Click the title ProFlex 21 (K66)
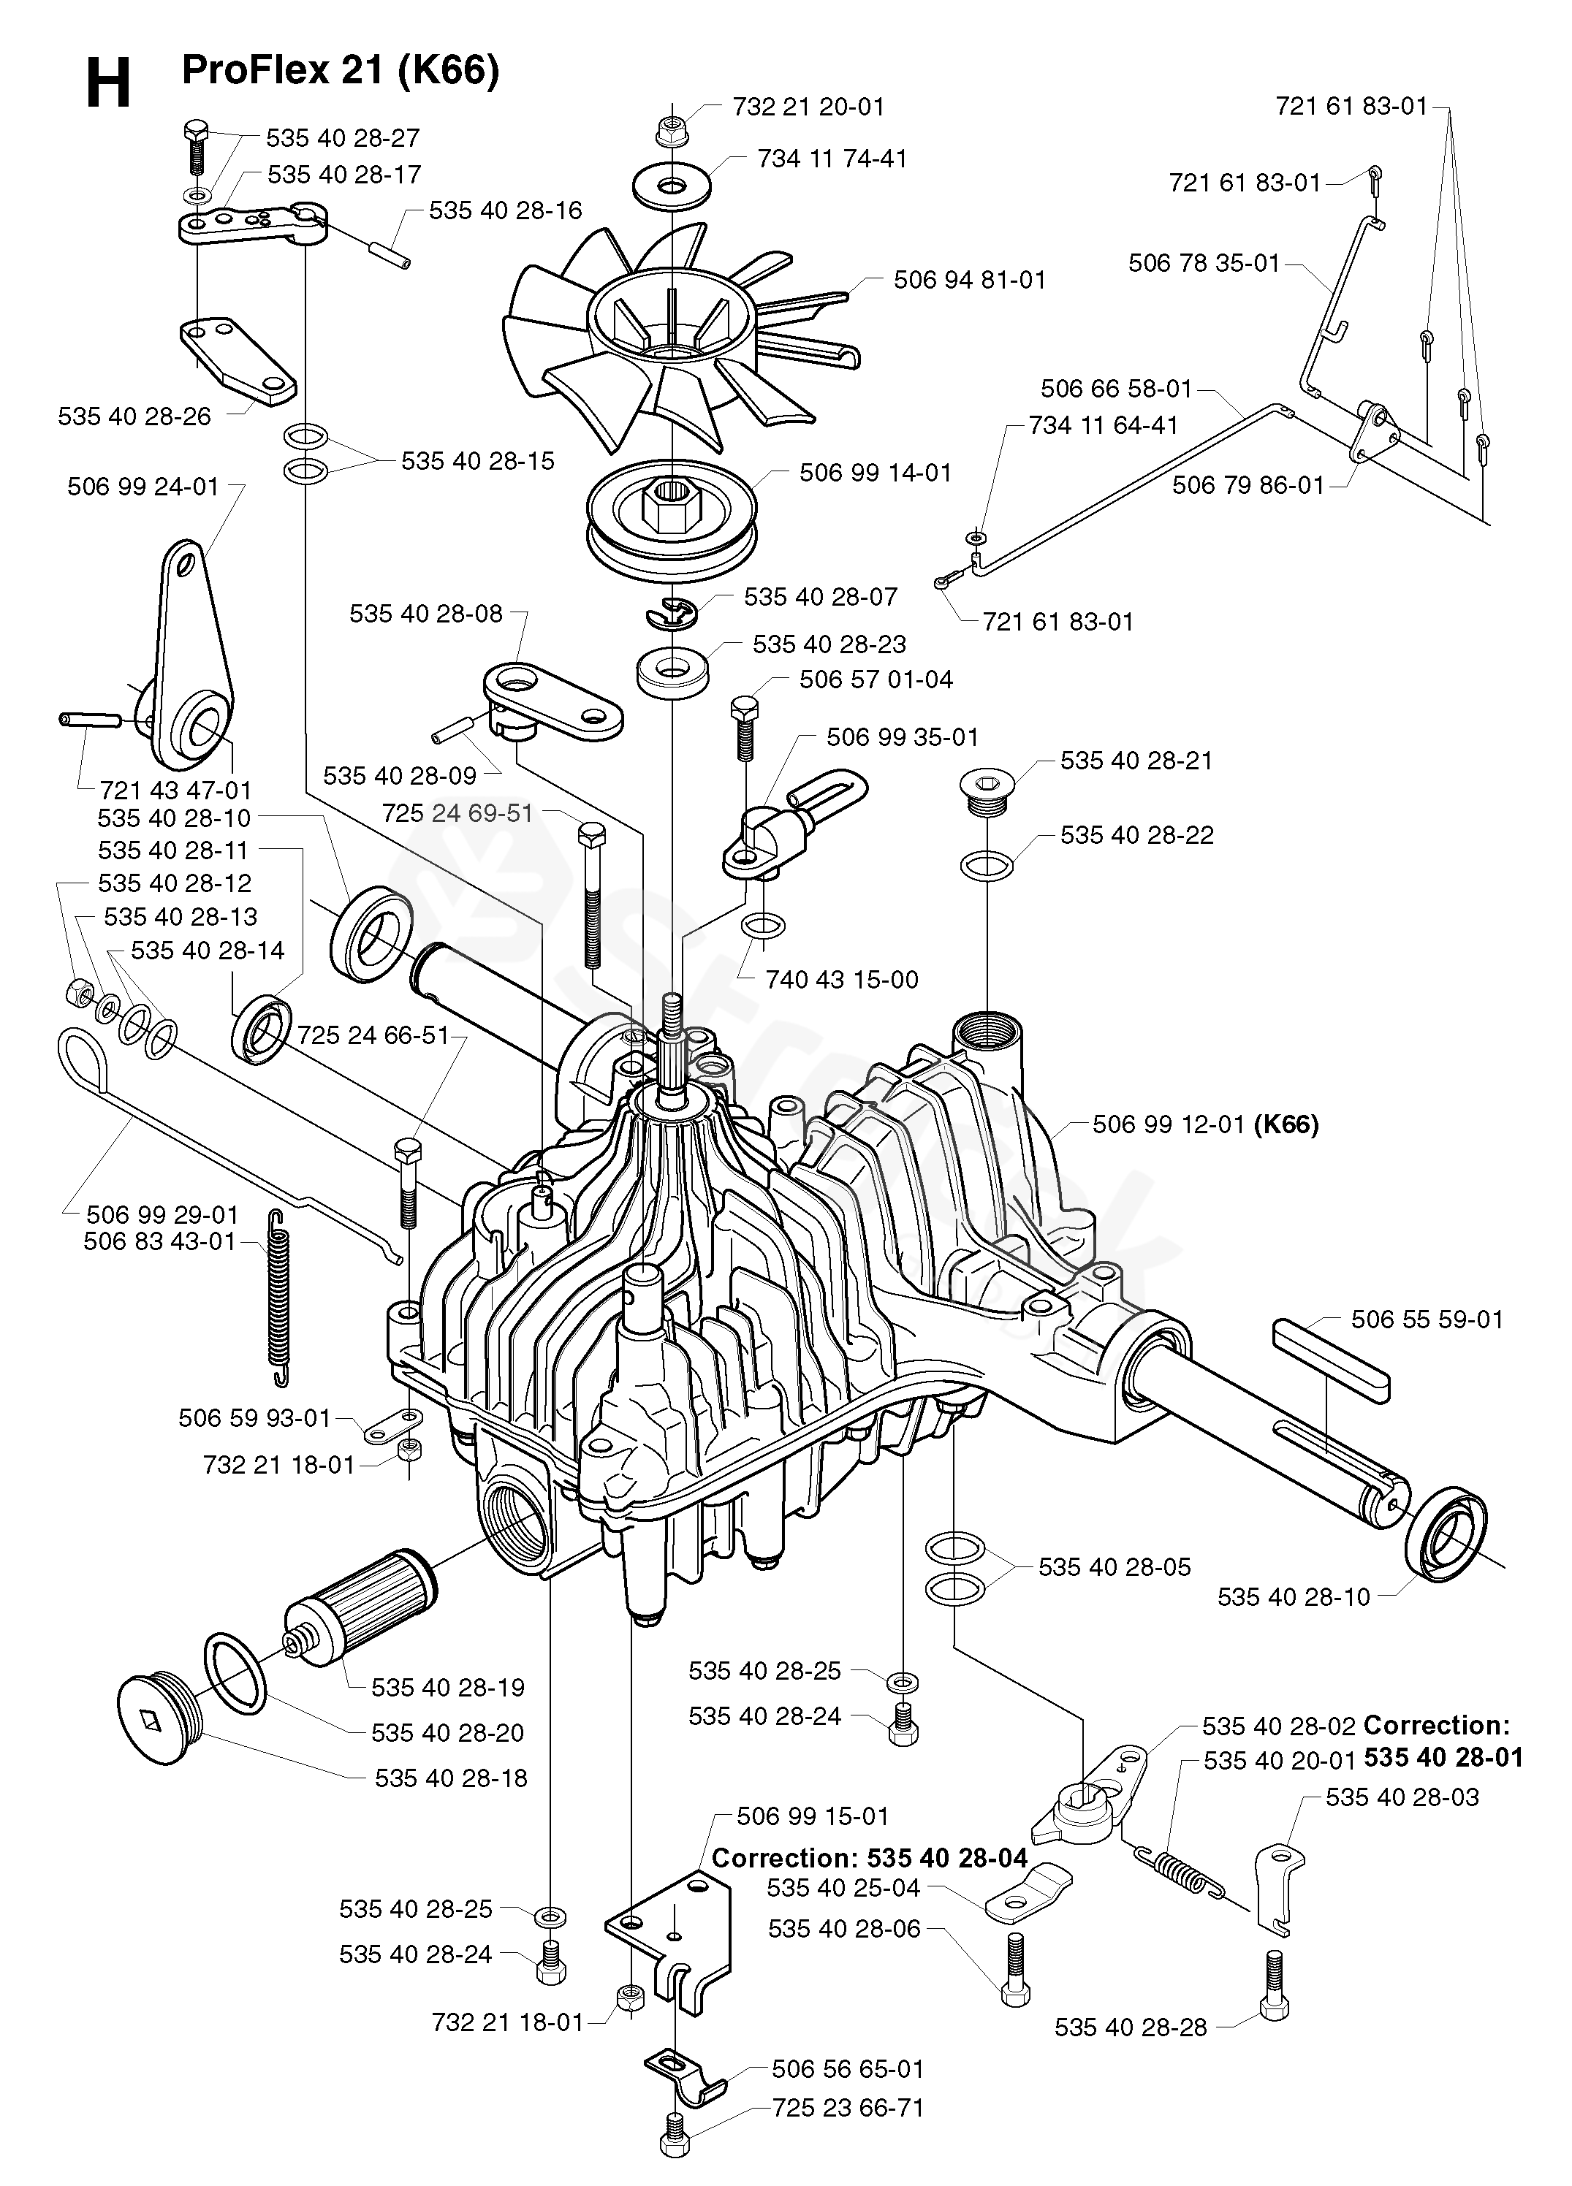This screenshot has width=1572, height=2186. (x=341, y=70)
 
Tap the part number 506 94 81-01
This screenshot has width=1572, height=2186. (x=970, y=281)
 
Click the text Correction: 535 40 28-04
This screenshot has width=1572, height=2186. (x=870, y=1857)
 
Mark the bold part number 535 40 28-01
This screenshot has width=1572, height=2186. (x=1443, y=1757)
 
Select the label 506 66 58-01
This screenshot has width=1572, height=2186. (x=1116, y=389)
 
